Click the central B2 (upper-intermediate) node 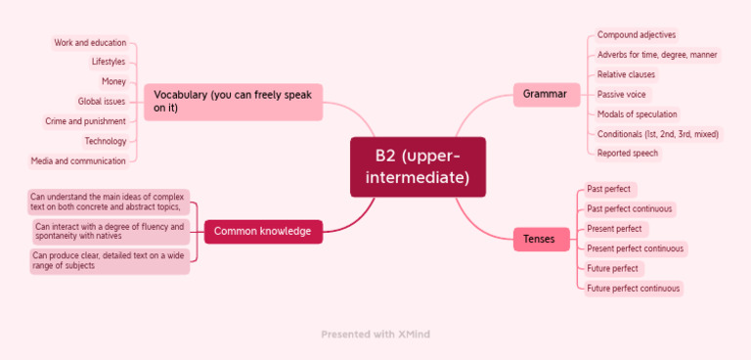[x=418, y=167]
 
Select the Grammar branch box [x=545, y=94]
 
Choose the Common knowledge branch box [x=262, y=232]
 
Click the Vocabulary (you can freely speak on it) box [x=233, y=102]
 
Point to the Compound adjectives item [x=637, y=35]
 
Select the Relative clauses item [x=626, y=74]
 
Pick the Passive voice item [x=621, y=94]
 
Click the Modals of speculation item [x=637, y=114]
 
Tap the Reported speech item [x=628, y=154]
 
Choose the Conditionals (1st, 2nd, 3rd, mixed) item [x=658, y=134]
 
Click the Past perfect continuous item [x=630, y=209]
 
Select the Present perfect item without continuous [x=614, y=229]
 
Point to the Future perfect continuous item [x=633, y=289]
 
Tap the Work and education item [x=90, y=43]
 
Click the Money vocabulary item [x=113, y=82]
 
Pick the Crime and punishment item [x=85, y=121]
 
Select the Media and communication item [x=78, y=161]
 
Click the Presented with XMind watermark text [x=375, y=335]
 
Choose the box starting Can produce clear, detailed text [x=110, y=261]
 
